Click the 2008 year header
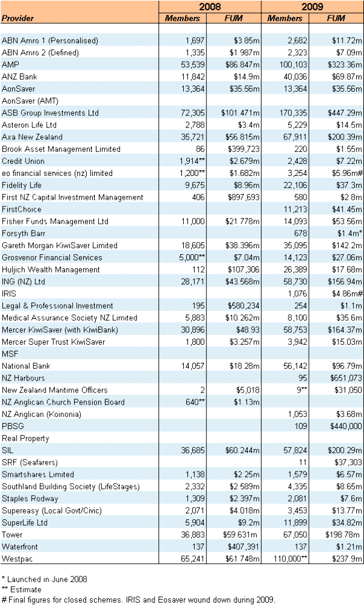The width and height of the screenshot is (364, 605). [x=209, y=7]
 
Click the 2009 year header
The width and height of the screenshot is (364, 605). [x=312, y=7]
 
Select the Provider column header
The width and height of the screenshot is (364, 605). [x=18, y=18]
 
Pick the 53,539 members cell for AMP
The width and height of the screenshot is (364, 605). [x=188, y=64]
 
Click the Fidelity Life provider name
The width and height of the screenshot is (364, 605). [x=22, y=185]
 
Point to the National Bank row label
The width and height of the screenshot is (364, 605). [x=26, y=366]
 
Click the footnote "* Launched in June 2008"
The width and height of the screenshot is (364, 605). [x=40, y=580]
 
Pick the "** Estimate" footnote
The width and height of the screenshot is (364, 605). [x=22, y=589]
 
